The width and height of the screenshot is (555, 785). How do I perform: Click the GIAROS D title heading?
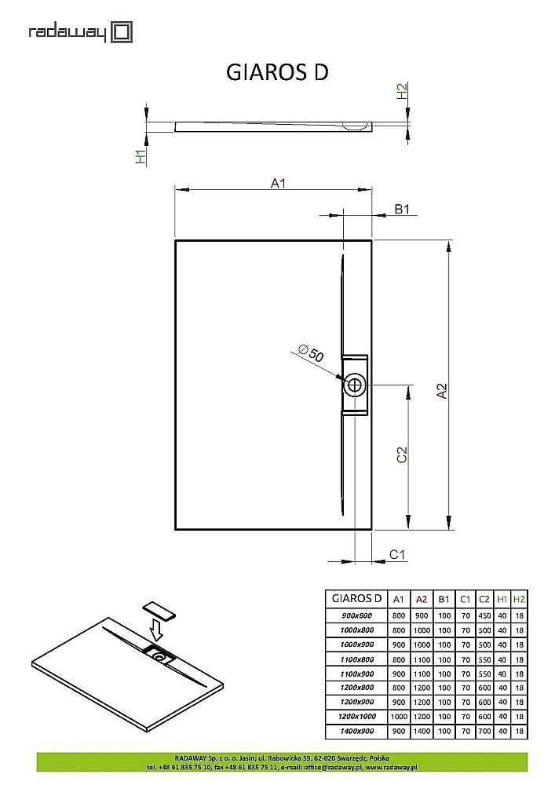point(277,72)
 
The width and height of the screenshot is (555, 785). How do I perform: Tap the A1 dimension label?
point(278,183)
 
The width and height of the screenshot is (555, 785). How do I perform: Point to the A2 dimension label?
point(442,390)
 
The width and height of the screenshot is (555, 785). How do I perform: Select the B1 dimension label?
point(402,210)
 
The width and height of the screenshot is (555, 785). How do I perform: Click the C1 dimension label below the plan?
point(398,555)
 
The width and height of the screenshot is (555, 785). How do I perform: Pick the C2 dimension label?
point(400,455)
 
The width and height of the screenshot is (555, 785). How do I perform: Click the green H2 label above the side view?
point(402,92)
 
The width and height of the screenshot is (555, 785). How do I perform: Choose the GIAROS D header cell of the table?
point(357,598)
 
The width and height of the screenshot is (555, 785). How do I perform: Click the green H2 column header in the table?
point(519,598)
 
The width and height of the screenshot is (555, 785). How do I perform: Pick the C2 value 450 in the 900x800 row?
point(484,615)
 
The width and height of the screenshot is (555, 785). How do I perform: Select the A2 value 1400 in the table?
point(422,732)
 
